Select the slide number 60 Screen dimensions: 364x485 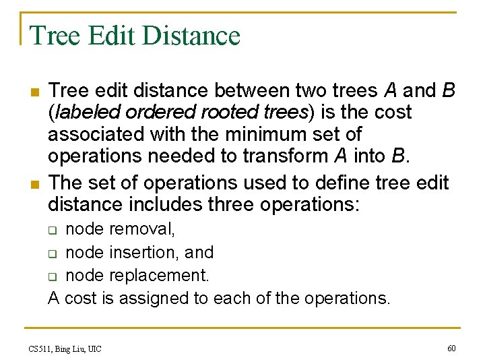coord(451,348)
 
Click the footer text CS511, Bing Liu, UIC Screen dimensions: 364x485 coord(65,348)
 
